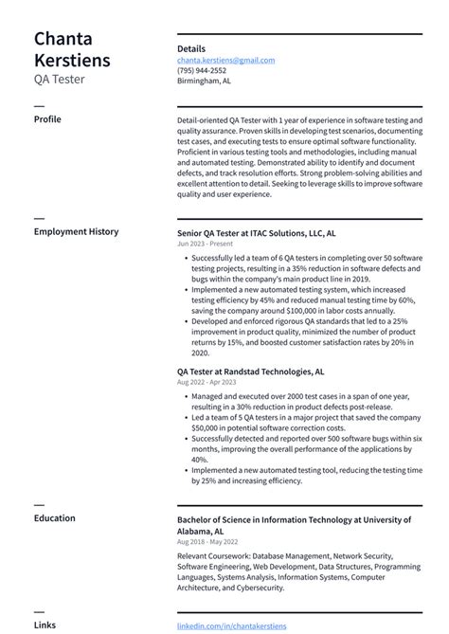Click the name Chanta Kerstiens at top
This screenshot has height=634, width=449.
coord(71,49)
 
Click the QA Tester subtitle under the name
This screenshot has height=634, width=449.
coord(59,80)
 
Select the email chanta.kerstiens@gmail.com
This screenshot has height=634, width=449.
coord(225,60)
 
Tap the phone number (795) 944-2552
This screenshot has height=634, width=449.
coord(201,70)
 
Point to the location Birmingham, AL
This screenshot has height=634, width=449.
coord(204,81)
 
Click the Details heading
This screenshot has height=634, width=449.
coord(190,48)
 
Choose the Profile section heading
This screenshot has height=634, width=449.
coord(47,119)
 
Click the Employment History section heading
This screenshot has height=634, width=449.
coord(76,231)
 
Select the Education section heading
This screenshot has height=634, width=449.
coord(55,518)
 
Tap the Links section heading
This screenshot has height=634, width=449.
coord(45,625)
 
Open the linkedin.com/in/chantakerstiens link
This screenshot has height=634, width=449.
coord(230,625)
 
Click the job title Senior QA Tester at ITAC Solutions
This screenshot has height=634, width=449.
coord(256,232)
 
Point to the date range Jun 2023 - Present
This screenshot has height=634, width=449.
coord(205,244)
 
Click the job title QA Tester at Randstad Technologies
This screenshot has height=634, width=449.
coord(250,372)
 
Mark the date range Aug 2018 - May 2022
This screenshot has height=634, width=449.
coord(207,542)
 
